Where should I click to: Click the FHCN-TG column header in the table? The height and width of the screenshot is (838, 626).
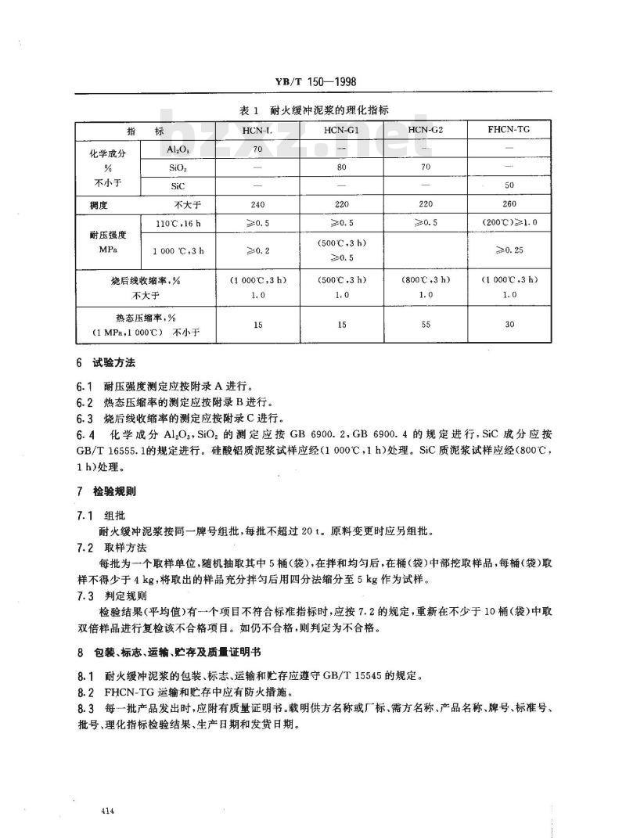[509, 129]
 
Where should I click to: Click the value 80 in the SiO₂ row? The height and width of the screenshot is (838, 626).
[341, 167]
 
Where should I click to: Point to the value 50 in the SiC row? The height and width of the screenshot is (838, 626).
[509, 185]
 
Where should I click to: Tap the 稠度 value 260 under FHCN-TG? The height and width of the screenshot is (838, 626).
[509, 203]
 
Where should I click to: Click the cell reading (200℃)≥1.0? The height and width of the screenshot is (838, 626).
[509, 223]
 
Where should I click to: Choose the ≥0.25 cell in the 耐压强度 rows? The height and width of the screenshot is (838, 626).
[509, 250]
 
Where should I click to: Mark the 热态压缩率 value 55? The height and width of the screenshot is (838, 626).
[426, 324]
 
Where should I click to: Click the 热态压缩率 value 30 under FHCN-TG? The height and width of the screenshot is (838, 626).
[509, 324]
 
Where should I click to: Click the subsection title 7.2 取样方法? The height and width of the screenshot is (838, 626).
[117, 548]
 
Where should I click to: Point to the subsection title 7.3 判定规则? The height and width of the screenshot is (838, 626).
[117, 595]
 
